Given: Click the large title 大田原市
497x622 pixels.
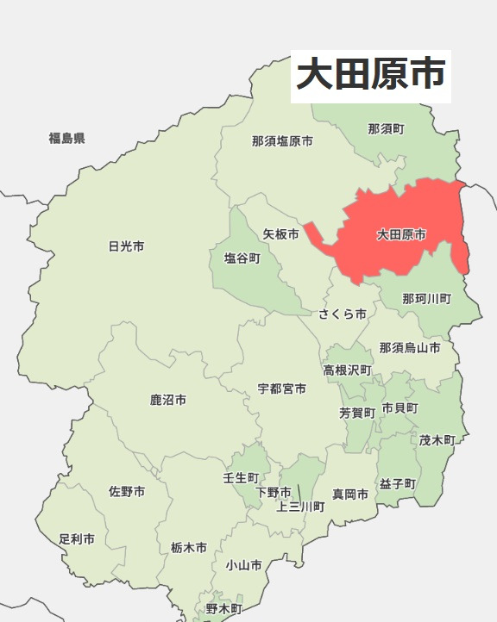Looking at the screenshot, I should point(370,74).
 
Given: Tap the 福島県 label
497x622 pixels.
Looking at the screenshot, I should point(66,138).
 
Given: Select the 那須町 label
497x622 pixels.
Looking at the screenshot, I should point(386,129).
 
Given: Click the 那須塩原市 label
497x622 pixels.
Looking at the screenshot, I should point(282,141).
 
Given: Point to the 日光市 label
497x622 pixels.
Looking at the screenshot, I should point(126,246).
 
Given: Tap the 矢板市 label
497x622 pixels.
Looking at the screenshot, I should point(280,234).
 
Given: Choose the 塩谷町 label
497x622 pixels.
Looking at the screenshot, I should point(242,258).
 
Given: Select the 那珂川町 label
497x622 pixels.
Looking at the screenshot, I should point(426,299).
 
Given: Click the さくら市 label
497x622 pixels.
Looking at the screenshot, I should point(343,314).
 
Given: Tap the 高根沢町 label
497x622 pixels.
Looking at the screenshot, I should point(348,370).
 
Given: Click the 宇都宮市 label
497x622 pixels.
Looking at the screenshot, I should point(281,389).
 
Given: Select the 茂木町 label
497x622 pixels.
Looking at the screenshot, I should point(437,439).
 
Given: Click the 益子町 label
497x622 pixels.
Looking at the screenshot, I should point(397,483).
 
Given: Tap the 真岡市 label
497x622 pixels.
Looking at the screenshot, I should point(350,494).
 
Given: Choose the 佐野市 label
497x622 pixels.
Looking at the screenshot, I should point(127,492).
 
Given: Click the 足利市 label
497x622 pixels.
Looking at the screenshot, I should point(77,539).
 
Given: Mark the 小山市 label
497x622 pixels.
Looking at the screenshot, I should point(243,565).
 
